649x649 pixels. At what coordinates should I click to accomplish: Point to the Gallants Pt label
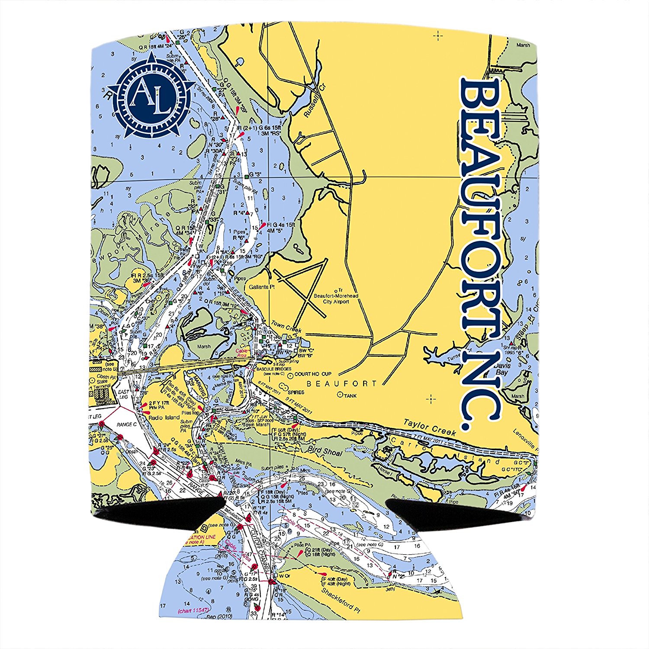pos(262,287)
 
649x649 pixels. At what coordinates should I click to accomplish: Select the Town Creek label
pos(286,327)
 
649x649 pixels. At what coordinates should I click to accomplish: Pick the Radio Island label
pos(164,418)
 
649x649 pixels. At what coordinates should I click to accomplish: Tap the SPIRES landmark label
pos(295,392)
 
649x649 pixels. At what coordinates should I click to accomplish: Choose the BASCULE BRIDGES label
pos(273,369)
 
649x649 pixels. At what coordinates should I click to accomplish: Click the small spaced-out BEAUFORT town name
pos(342,383)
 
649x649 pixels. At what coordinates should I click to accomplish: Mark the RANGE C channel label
pos(126,424)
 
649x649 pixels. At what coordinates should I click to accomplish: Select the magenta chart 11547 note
pos(193,610)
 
